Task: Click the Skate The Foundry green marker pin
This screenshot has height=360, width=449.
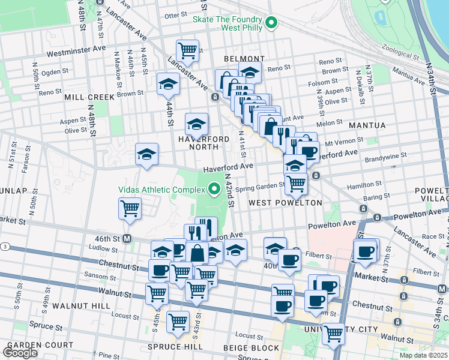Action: click(x=271, y=24)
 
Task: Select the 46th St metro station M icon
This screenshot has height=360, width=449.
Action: click(x=127, y=238)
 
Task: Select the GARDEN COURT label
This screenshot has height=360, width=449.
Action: click(x=40, y=345)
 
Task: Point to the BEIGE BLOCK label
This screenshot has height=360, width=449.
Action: click(x=251, y=347)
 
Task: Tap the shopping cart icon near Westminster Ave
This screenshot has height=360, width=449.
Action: click(x=188, y=50)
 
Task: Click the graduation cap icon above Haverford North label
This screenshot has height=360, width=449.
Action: click(x=196, y=124)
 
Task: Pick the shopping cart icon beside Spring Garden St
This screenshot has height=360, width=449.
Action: click(x=296, y=184)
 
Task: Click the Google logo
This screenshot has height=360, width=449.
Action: click(x=20, y=353)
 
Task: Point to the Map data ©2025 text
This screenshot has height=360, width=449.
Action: click(x=423, y=355)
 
